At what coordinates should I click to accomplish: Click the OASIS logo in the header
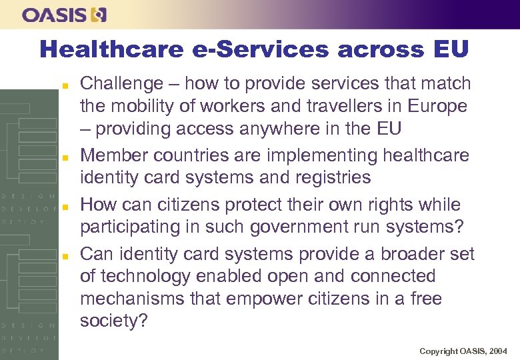click(64, 15)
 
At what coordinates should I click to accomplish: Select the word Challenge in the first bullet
click(121, 84)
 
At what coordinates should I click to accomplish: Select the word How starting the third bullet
click(97, 204)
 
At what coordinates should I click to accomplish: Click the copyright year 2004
click(497, 350)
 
